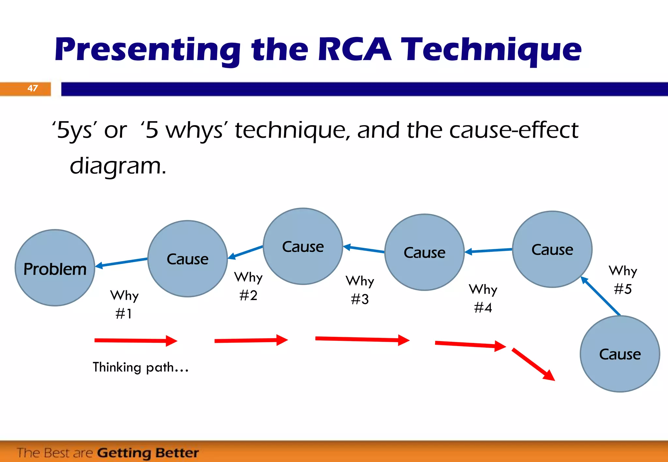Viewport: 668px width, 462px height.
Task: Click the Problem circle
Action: [55, 268]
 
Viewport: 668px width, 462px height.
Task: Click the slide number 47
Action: [33, 88]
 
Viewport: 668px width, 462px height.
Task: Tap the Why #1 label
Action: [124, 304]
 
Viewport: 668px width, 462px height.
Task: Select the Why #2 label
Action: [248, 286]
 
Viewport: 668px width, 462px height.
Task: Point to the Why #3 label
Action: [360, 290]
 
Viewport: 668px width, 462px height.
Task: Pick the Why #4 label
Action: [483, 298]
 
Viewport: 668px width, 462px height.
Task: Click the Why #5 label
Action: [623, 280]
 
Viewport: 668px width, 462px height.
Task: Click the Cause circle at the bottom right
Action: [620, 354]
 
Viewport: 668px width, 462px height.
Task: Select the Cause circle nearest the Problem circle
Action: [188, 259]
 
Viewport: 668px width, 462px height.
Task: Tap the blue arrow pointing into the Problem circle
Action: [121, 263]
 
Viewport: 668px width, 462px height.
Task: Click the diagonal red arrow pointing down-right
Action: [533, 364]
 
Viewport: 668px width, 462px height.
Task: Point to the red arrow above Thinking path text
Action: [135, 341]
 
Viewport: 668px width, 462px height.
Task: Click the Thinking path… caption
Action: [141, 367]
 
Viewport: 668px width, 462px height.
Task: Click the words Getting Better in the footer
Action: [148, 453]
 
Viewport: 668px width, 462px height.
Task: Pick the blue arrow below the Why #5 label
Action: [600, 296]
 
